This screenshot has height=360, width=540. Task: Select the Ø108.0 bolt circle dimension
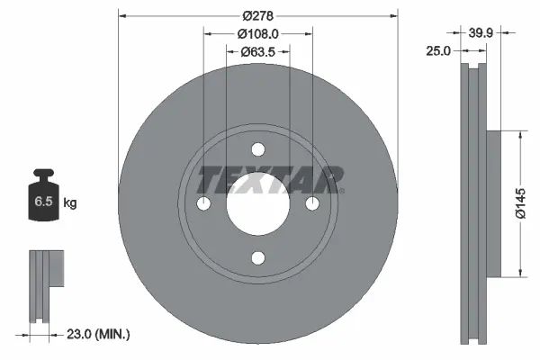tap(258, 33)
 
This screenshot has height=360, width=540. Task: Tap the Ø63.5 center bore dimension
tap(258, 51)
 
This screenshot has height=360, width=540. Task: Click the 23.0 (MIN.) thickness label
tap(100, 334)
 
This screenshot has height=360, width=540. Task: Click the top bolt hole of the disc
tap(258, 149)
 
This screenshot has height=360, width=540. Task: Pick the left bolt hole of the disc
tap(203, 205)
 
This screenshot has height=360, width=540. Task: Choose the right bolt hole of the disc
tap(313, 205)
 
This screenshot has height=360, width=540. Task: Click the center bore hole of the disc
tap(258, 205)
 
